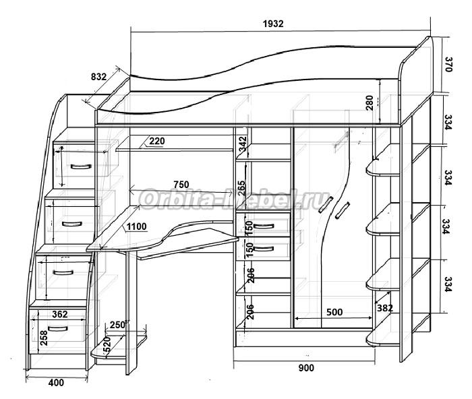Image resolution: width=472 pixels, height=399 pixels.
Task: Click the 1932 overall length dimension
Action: (273, 23)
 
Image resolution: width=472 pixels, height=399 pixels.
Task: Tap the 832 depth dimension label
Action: (98, 77)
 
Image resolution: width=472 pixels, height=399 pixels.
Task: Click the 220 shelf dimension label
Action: (157, 142)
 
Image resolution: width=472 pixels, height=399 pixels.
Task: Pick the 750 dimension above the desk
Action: (181, 185)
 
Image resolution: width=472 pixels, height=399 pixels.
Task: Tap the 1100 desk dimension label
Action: (136, 226)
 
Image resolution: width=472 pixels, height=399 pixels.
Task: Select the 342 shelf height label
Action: (242, 144)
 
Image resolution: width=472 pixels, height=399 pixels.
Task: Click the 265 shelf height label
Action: (242, 185)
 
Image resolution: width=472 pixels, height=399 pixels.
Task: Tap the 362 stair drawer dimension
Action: (59, 313)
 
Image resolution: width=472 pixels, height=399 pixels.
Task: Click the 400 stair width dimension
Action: (56, 383)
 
